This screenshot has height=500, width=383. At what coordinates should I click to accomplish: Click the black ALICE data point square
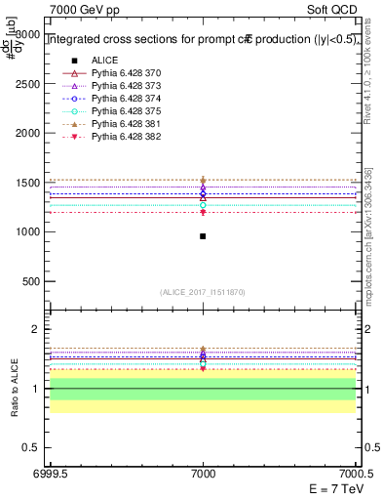click(x=203, y=236)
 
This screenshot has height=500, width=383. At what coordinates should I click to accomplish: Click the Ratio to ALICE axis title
click(x=13, y=390)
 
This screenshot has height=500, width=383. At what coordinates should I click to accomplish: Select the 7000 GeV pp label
click(x=77, y=8)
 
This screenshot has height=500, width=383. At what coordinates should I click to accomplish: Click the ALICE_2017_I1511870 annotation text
click(x=203, y=292)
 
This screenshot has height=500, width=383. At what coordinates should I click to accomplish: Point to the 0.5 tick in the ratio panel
click(x=33, y=447)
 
